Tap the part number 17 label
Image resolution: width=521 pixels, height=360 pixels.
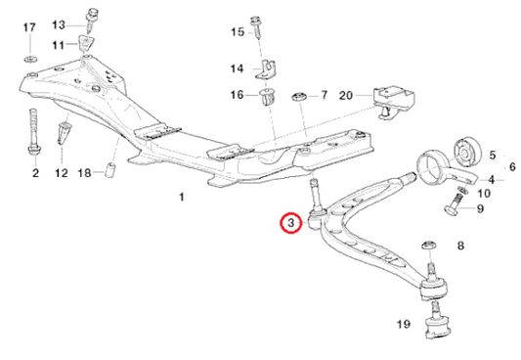29,26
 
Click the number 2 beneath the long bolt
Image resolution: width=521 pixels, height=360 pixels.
35,173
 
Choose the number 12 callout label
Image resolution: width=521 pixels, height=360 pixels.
63,173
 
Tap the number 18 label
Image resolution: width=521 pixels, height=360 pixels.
84,173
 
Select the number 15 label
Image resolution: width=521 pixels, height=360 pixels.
237,32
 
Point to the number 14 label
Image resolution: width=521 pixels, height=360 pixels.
237,68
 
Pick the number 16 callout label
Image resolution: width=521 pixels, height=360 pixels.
237,95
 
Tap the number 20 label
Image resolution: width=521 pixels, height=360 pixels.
346,95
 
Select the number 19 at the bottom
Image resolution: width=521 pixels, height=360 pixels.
403,324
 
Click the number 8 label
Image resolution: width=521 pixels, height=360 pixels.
460,246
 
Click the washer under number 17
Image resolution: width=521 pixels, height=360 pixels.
29,63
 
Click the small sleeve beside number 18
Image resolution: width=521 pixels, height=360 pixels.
110,172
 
